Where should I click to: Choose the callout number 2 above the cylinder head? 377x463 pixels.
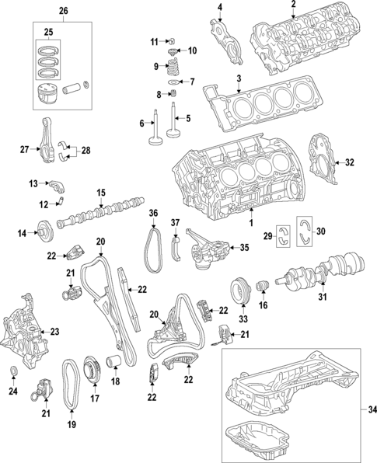293,6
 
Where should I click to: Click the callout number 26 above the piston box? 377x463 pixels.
63,11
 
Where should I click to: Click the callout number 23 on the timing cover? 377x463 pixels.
55,332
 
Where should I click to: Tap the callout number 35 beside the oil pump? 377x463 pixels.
243,249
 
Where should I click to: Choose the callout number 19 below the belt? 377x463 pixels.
72,426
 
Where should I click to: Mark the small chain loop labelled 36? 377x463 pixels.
154,237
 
